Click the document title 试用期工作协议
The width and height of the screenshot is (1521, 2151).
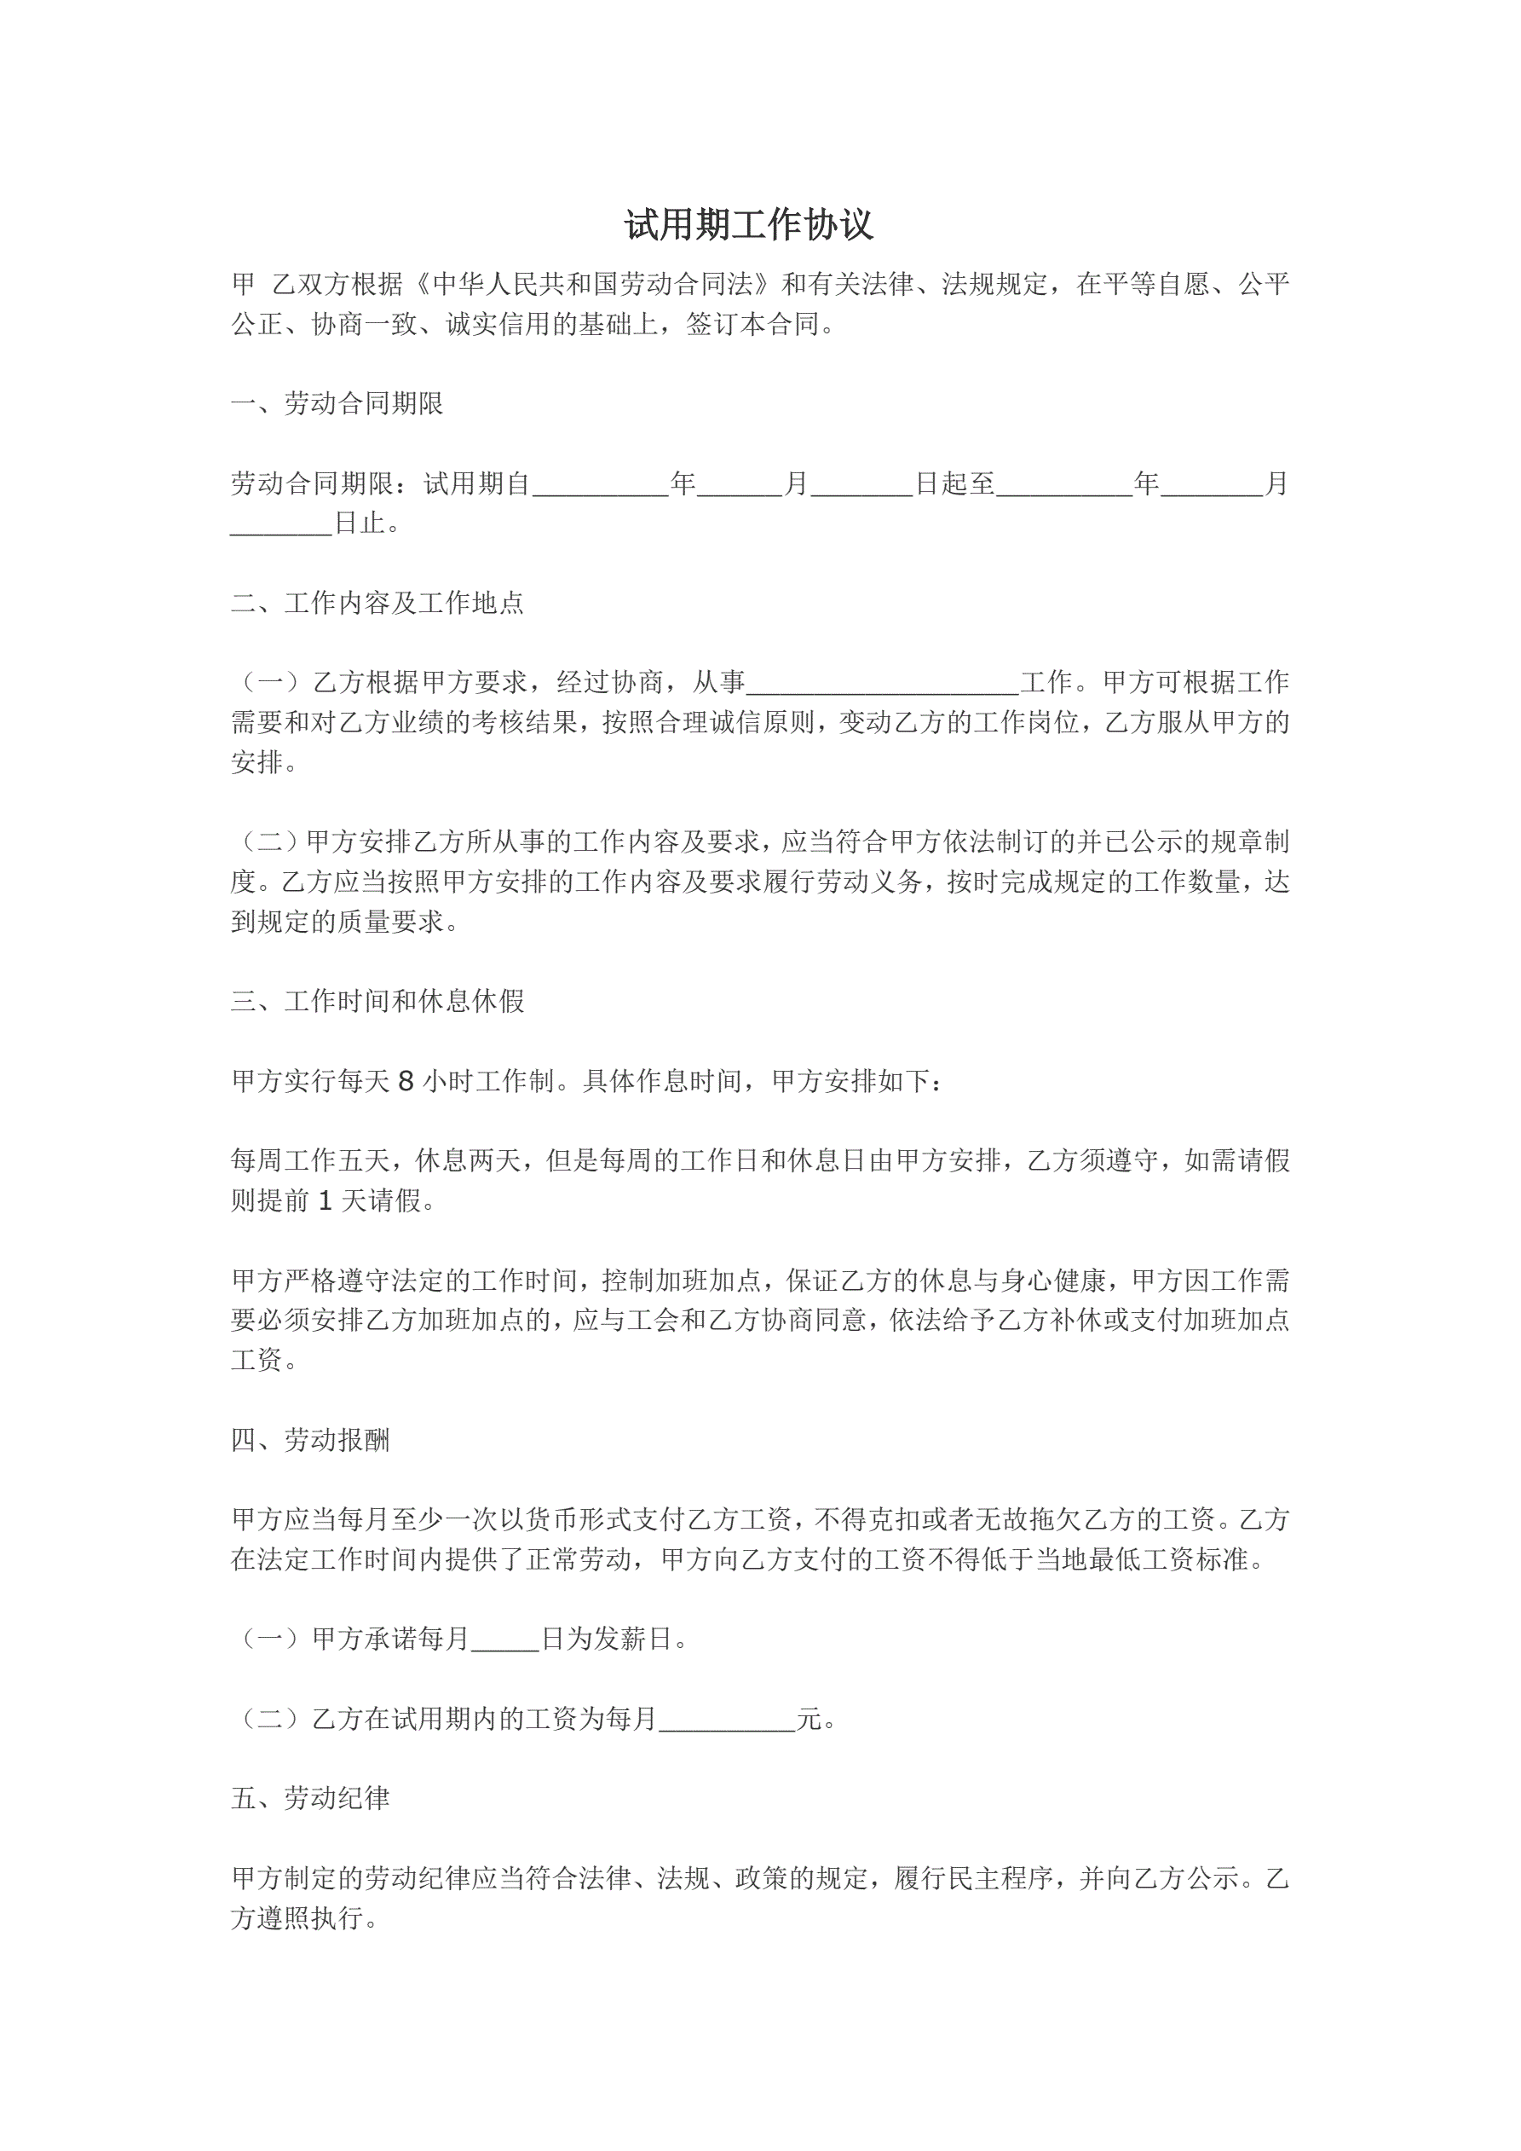[748, 225]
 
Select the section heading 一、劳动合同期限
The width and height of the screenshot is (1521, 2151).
[337, 404]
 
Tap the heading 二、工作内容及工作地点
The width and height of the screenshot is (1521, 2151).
[377, 603]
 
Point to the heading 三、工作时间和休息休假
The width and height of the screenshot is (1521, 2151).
[377, 1002]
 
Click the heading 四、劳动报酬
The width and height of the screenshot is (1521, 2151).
[310, 1440]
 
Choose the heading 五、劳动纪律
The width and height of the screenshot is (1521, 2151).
[310, 1798]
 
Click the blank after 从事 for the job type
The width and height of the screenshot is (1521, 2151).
[882, 682]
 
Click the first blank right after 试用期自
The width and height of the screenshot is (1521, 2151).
[601, 483]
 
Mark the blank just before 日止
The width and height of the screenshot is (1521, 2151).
[281, 523]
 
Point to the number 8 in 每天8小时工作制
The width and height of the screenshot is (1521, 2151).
[406, 1082]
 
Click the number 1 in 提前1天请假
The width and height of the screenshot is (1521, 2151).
[325, 1201]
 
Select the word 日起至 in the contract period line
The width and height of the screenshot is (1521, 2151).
[954, 483]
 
